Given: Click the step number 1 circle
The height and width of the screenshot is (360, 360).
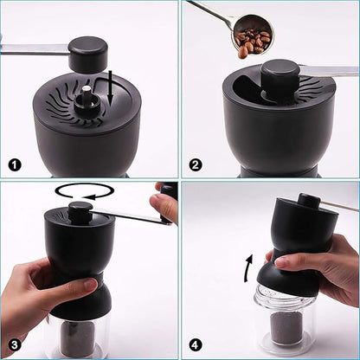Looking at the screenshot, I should pyautogui.click(x=14, y=164).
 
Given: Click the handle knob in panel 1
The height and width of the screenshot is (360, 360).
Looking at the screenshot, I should pyautogui.click(x=88, y=54).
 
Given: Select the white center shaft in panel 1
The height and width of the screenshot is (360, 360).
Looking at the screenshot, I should pyautogui.click(x=87, y=89).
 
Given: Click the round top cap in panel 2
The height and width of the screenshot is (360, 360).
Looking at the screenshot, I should pyautogui.click(x=280, y=73).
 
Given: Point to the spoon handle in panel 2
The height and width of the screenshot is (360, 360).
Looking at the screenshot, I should pyautogui.click(x=206, y=11).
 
